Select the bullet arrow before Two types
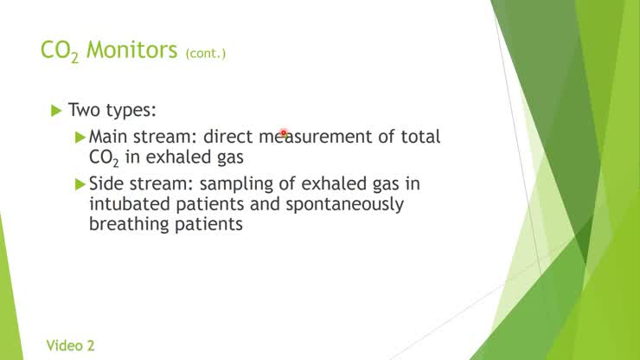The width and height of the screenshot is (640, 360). [57, 110]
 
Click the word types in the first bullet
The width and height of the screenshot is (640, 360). [132, 112]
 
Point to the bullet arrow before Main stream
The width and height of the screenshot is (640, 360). [81, 137]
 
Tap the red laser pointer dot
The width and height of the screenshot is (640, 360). [283, 134]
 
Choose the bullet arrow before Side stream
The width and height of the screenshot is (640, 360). [81, 183]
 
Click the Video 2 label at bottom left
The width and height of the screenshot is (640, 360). [71, 345]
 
